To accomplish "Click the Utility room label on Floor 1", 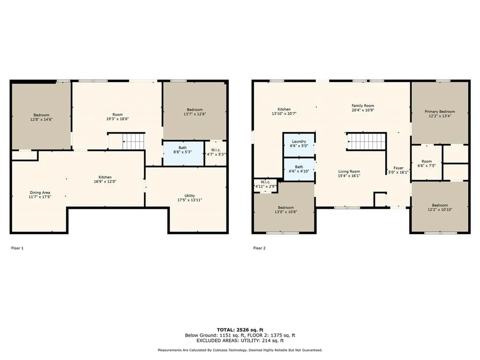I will click(x=189, y=196).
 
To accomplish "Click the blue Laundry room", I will click(x=299, y=143).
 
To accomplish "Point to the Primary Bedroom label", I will click(x=440, y=112).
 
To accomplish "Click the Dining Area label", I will click(x=40, y=193).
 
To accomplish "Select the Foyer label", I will click(x=398, y=168).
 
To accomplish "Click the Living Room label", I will click(x=349, y=172).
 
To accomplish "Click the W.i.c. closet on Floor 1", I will click(x=216, y=152).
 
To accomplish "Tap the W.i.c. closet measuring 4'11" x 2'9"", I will click(x=265, y=184).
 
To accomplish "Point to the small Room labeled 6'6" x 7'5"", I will click(x=426, y=163).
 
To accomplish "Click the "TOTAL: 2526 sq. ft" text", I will click(x=240, y=330).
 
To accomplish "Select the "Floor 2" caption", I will click(x=259, y=248).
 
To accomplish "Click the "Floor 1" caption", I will click(x=17, y=248).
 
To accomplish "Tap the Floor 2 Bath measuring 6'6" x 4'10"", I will click(x=299, y=169).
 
